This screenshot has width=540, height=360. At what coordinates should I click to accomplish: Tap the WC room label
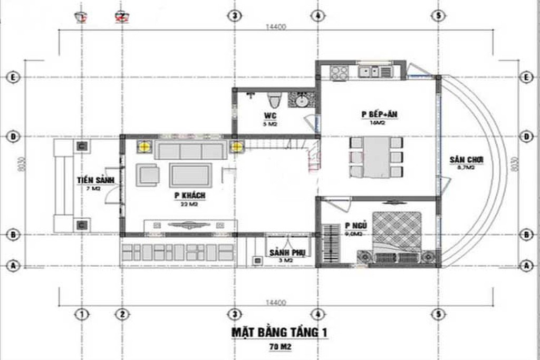click(271, 115)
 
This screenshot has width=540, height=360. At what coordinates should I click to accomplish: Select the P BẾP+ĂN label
click(375, 114)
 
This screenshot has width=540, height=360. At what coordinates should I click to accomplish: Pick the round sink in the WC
click(302, 101)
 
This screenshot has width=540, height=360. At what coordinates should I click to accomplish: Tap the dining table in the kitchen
click(377, 157)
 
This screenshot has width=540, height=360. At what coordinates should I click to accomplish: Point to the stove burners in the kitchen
click(339, 71)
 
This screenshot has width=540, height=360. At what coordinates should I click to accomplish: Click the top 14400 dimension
click(276, 27)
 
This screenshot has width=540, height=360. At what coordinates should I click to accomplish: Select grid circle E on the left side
click(14, 77)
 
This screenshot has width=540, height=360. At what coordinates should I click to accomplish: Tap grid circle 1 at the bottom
click(81, 314)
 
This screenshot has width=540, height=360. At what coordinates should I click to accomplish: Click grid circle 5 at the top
click(438, 15)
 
